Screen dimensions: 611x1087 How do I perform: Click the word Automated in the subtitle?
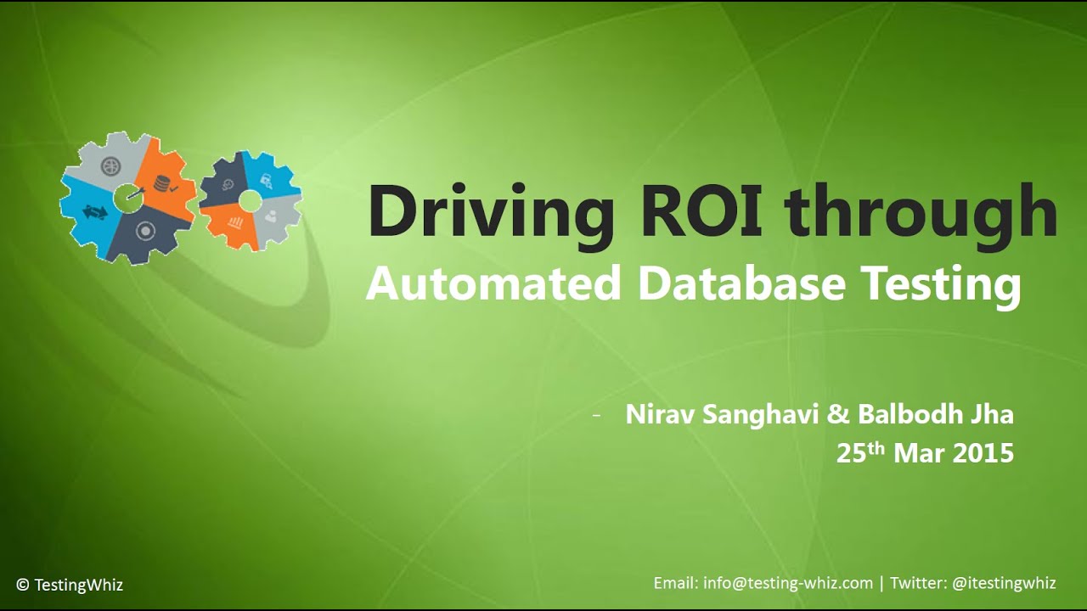click(x=493, y=284)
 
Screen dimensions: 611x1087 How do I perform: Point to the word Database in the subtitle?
click(x=741, y=284)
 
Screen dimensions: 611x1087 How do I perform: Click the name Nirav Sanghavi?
click(x=722, y=415)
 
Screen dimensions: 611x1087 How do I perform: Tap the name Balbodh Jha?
click(x=935, y=415)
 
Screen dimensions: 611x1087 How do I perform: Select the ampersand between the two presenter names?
click(x=837, y=415)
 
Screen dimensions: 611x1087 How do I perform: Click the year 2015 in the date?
click(x=983, y=453)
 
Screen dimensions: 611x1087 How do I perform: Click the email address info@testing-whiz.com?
click(x=788, y=583)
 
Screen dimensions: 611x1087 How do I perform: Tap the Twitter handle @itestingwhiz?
click(x=1005, y=583)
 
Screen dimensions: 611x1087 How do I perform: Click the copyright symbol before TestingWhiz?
click(x=23, y=585)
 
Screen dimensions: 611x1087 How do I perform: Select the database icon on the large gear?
click(x=162, y=182)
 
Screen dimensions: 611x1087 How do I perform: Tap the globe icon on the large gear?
click(x=110, y=165)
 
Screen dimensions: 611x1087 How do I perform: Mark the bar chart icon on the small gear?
click(x=234, y=223)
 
